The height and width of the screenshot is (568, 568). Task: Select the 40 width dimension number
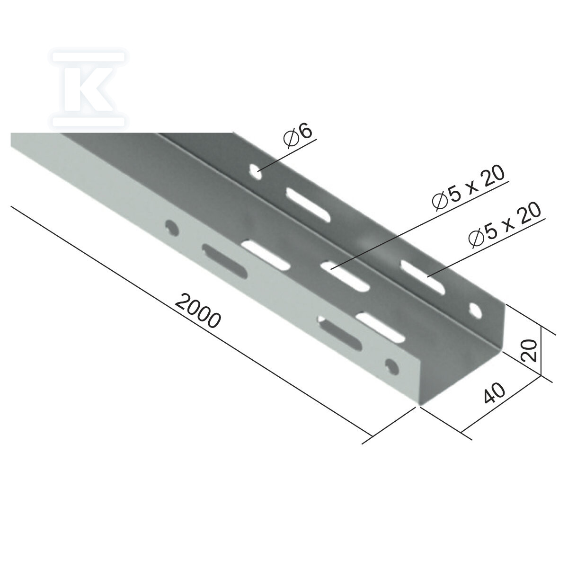(x=494, y=393)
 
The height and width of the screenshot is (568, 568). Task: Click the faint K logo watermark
(x=89, y=89)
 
